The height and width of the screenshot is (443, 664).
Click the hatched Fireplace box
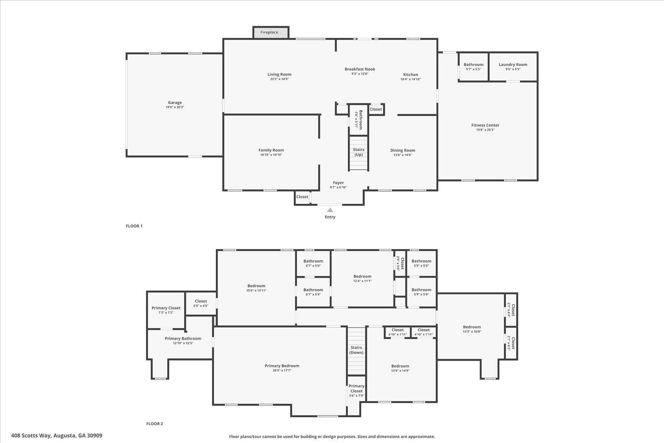tap(271, 32)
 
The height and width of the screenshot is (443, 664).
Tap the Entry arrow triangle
tap(330, 210)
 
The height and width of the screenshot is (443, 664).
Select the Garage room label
tap(175, 103)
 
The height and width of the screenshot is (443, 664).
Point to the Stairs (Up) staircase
tap(359, 153)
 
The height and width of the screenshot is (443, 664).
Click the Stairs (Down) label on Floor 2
tap(356, 350)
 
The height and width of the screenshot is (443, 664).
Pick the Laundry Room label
tap(513, 64)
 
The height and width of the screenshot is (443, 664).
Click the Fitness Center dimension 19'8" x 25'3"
tap(485, 130)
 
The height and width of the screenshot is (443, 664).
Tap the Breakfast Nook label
tap(360, 69)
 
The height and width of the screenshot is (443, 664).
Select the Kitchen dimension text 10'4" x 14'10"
tap(410, 79)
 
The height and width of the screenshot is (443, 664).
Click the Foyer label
tap(338, 183)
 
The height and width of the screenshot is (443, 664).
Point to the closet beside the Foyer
tap(303, 197)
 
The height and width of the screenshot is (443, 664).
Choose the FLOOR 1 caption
tap(134, 226)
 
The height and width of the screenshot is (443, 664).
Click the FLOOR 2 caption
tap(154, 424)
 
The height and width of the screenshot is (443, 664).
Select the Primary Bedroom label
tap(282, 366)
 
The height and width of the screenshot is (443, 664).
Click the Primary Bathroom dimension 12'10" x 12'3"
tap(183, 343)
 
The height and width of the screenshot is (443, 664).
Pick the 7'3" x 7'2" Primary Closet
tap(166, 310)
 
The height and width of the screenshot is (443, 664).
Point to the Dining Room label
tap(403, 150)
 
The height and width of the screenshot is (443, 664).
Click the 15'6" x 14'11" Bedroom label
tap(256, 286)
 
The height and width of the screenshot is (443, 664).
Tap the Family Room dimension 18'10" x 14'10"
tap(271, 155)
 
